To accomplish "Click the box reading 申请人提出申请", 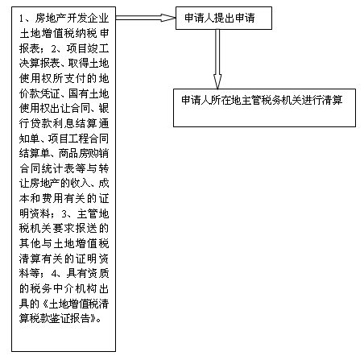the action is (x=224, y=18).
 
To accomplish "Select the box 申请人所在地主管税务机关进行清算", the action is (x=264, y=108).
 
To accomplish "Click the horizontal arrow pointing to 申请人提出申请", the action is (x=146, y=18).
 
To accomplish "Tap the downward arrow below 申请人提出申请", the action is (x=217, y=59).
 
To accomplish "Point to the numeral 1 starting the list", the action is (x=22, y=19).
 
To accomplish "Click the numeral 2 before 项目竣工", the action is (x=54, y=48).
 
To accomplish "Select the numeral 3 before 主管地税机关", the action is (x=64, y=213).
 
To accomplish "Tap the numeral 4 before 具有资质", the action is (x=54, y=274).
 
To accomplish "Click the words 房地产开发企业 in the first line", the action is (x=72, y=19).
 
